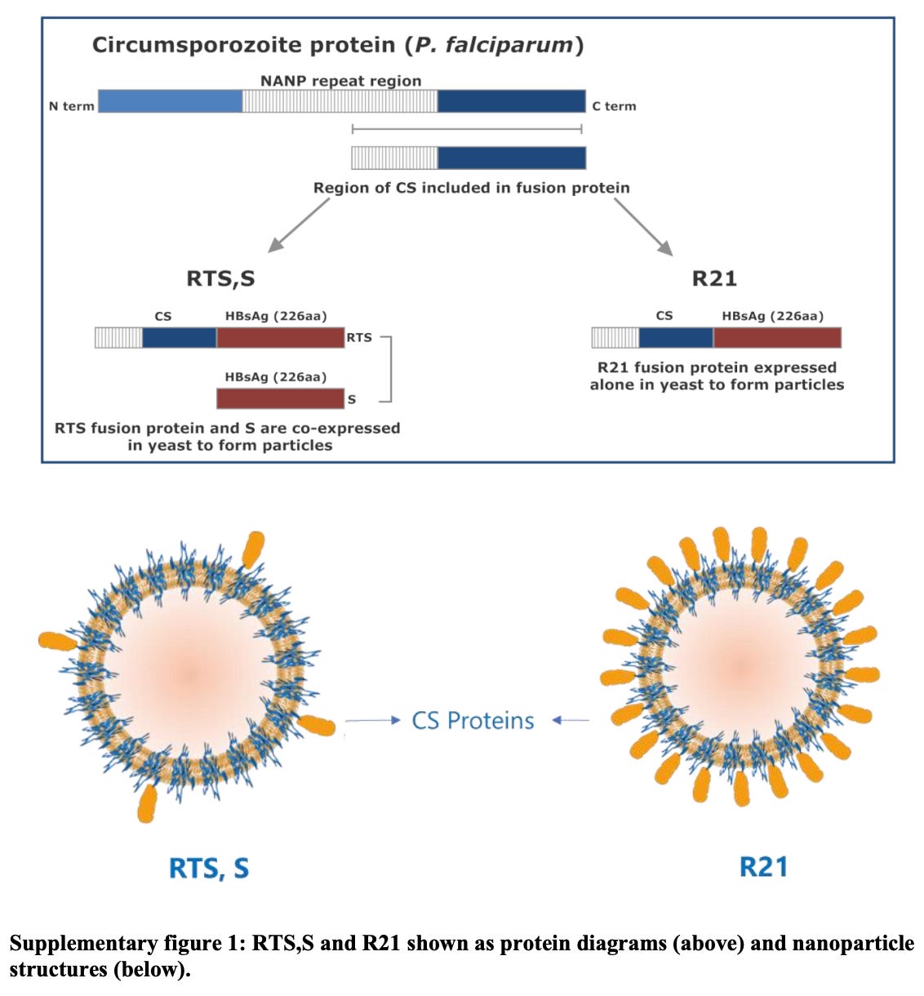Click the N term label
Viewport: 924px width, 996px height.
tap(72, 106)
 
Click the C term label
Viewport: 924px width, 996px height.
tap(614, 106)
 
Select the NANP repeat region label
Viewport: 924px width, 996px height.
tap(340, 81)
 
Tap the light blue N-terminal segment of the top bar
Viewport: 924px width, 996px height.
tap(170, 101)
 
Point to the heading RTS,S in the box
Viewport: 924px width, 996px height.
tap(220, 278)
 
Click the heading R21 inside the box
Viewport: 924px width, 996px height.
tap(714, 278)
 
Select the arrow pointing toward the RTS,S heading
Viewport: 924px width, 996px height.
tap(298, 225)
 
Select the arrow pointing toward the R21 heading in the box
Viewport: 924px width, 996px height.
tap(643, 227)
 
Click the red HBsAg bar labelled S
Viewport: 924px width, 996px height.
tap(280, 398)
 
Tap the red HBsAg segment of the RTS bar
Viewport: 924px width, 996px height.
tap(280, 337)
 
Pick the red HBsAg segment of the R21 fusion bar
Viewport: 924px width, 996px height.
tap(777, 337)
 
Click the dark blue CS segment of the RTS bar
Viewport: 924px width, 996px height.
tap(180, 337)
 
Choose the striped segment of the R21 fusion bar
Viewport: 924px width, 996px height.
tap(615, 337)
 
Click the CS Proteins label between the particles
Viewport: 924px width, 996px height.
tap(473, 721)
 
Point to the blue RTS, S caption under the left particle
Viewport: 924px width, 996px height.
tap(209, 868)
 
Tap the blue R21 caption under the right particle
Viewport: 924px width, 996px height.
tap(763, 866)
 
